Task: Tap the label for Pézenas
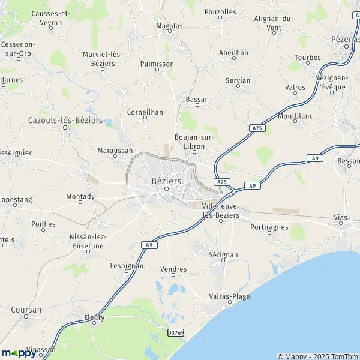(344, 39)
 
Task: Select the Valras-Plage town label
(230, 296)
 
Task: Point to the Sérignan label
(223, 255)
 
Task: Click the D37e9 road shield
(176, 332)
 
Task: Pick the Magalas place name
(169, 26)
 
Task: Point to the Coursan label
(26, 310)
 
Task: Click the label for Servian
(239, 79)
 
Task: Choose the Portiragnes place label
(269, 227)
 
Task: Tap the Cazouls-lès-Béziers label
(65, 120)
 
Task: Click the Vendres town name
(174, 269)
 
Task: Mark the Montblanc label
(296, 113)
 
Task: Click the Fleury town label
(94, 317)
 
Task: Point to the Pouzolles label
(220, 11)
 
